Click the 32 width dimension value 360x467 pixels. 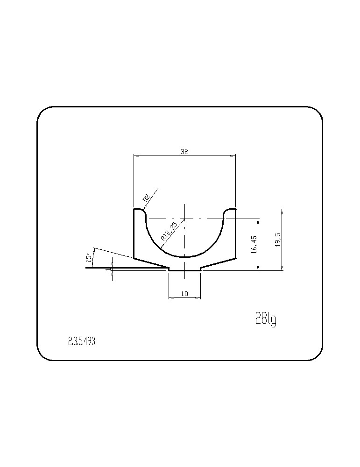click(x=184, y=152)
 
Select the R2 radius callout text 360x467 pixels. click(x=146, y=198)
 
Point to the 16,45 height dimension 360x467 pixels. click(x=254, y=245)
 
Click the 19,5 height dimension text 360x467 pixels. click(x=278, y=239)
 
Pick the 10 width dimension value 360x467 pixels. click(x=184, y=294)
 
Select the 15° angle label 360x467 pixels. click(x=88, y=258)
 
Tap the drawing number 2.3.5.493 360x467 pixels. click(x=82, y=342)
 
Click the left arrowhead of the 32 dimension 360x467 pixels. click(x=136, y=156)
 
